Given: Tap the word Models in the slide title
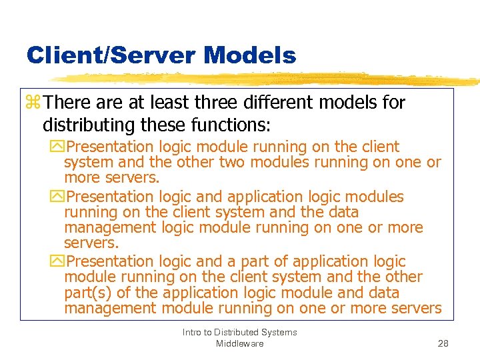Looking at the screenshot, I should pos(251,55).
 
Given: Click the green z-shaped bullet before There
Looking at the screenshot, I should pos(33,103).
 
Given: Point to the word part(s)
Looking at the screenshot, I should pos(87,293).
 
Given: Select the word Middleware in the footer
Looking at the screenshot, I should pos(239,343).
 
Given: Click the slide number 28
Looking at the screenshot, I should pos(443,343).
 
